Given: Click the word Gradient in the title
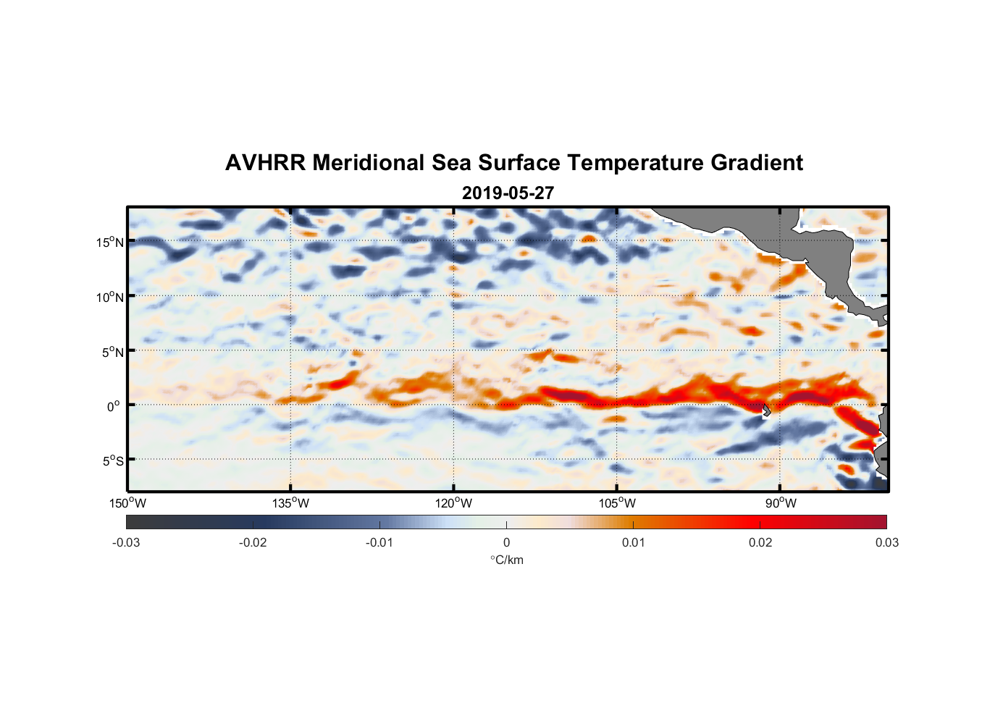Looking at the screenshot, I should [x=757, y=163].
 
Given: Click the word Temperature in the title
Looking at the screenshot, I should [x=635, y=163].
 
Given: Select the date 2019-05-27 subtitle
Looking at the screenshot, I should [x=508, y=193].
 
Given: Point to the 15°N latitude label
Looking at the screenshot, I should [x=110, y=242].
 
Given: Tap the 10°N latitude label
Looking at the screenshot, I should [x=110, y=297].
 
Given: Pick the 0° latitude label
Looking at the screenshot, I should [x=114, y=407].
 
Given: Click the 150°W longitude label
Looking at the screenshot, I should [x=127, y=503].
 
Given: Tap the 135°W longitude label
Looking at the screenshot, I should [x=291, y=503].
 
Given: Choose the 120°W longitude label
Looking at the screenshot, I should [x=454, y=503].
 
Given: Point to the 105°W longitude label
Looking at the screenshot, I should [x=617, y=503].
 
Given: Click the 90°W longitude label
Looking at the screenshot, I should [x=781, y=503].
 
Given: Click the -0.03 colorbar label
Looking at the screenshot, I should [x=126, y=542].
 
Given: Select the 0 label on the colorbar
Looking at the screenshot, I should [x=506, y=542].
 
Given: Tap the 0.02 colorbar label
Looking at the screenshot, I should [x=760, y=542].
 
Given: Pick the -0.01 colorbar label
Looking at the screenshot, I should [x=379, y=542].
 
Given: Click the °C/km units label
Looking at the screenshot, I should [x=507, y=560].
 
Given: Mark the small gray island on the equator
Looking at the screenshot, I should [x=766, y=410].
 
